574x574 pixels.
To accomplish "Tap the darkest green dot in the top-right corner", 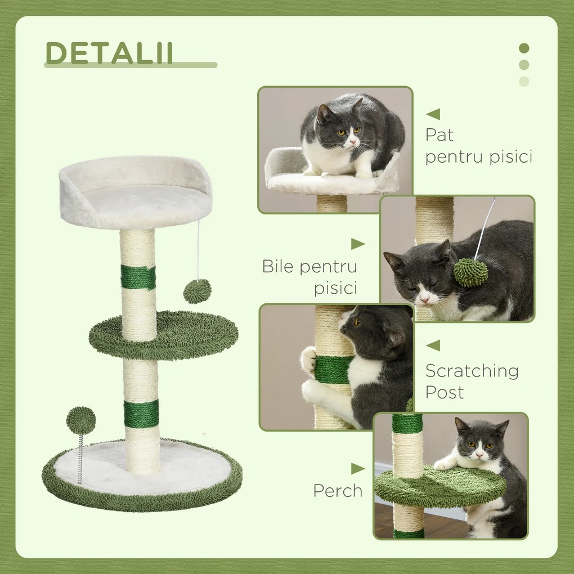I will pos(524,48).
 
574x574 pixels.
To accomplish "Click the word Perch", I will pos(338,491).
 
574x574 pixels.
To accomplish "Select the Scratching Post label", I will pos(472,381).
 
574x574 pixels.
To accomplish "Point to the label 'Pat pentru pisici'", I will pos(478,146).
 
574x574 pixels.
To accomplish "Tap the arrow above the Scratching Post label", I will pos(433,346).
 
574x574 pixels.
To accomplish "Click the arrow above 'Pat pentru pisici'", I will pos(433,114).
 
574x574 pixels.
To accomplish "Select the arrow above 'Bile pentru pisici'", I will pos(358,244).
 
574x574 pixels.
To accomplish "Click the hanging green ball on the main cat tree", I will pos(197,291).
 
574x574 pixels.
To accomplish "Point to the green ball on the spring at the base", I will pos(81,420).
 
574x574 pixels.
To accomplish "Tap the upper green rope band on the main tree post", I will pos(138,278).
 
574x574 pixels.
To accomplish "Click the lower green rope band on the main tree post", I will pos(141,414).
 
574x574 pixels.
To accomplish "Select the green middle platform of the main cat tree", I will pos(163,336).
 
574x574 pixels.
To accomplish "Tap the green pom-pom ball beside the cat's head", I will pos(470,272).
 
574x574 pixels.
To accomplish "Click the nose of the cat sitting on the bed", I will pos(353,142).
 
